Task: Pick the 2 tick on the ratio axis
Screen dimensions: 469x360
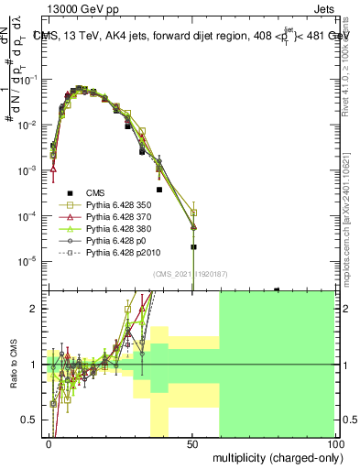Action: click(36, 309)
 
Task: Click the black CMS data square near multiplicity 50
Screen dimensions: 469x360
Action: click(193, 246)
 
